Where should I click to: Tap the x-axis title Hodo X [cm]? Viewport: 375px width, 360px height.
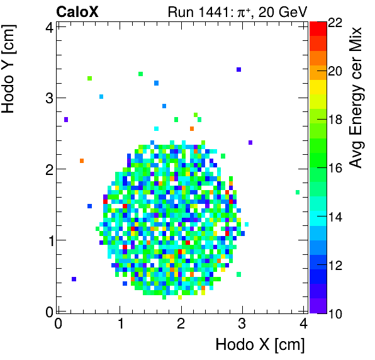click(x=260, y=345)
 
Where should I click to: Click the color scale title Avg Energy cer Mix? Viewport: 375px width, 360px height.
click(x=357, y=97)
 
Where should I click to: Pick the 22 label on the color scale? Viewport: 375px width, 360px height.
click(x=335, y=23)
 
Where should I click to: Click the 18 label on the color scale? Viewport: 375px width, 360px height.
click(x=335, y=120)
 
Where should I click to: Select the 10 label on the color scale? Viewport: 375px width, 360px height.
click(x=335, y=313)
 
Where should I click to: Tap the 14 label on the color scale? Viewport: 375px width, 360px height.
click(x=335, y=217)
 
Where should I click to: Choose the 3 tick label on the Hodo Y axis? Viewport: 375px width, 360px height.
click(x=47, y=98)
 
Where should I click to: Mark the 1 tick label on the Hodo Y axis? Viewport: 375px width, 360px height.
click(x=47, y=240)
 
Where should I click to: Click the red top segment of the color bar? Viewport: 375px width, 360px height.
click(x=318, y=28)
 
